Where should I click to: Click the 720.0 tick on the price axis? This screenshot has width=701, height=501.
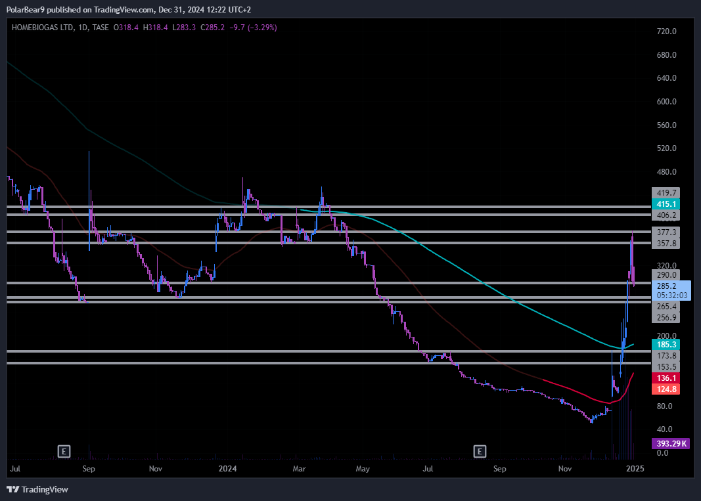[666, 32]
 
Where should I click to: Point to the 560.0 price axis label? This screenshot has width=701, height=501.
[666, 125]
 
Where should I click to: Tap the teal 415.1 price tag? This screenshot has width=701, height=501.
[666, 204]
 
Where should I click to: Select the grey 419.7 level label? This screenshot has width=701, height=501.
[666, 193]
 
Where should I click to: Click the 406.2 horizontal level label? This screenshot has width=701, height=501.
[666, 215]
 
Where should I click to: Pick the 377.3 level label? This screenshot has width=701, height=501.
[666, 232]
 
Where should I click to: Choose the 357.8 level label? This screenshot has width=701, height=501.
[666, 244]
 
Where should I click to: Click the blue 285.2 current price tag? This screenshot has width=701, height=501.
[671, 286]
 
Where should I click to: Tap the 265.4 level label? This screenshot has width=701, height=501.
[666, 306]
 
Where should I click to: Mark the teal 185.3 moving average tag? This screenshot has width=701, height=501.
[666, 344]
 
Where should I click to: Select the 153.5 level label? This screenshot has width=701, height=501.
[666, 366]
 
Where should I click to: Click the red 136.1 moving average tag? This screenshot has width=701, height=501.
[666, 378]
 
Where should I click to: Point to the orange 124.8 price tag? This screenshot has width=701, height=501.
[666, 389]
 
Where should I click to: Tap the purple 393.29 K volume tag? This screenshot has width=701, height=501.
[669, 443]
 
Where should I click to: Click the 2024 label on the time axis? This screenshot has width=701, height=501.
[227, 469]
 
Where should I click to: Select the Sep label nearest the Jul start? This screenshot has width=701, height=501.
[89, 469]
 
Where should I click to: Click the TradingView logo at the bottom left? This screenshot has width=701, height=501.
[37, 489]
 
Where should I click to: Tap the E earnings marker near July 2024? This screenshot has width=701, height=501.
[481, 451]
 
